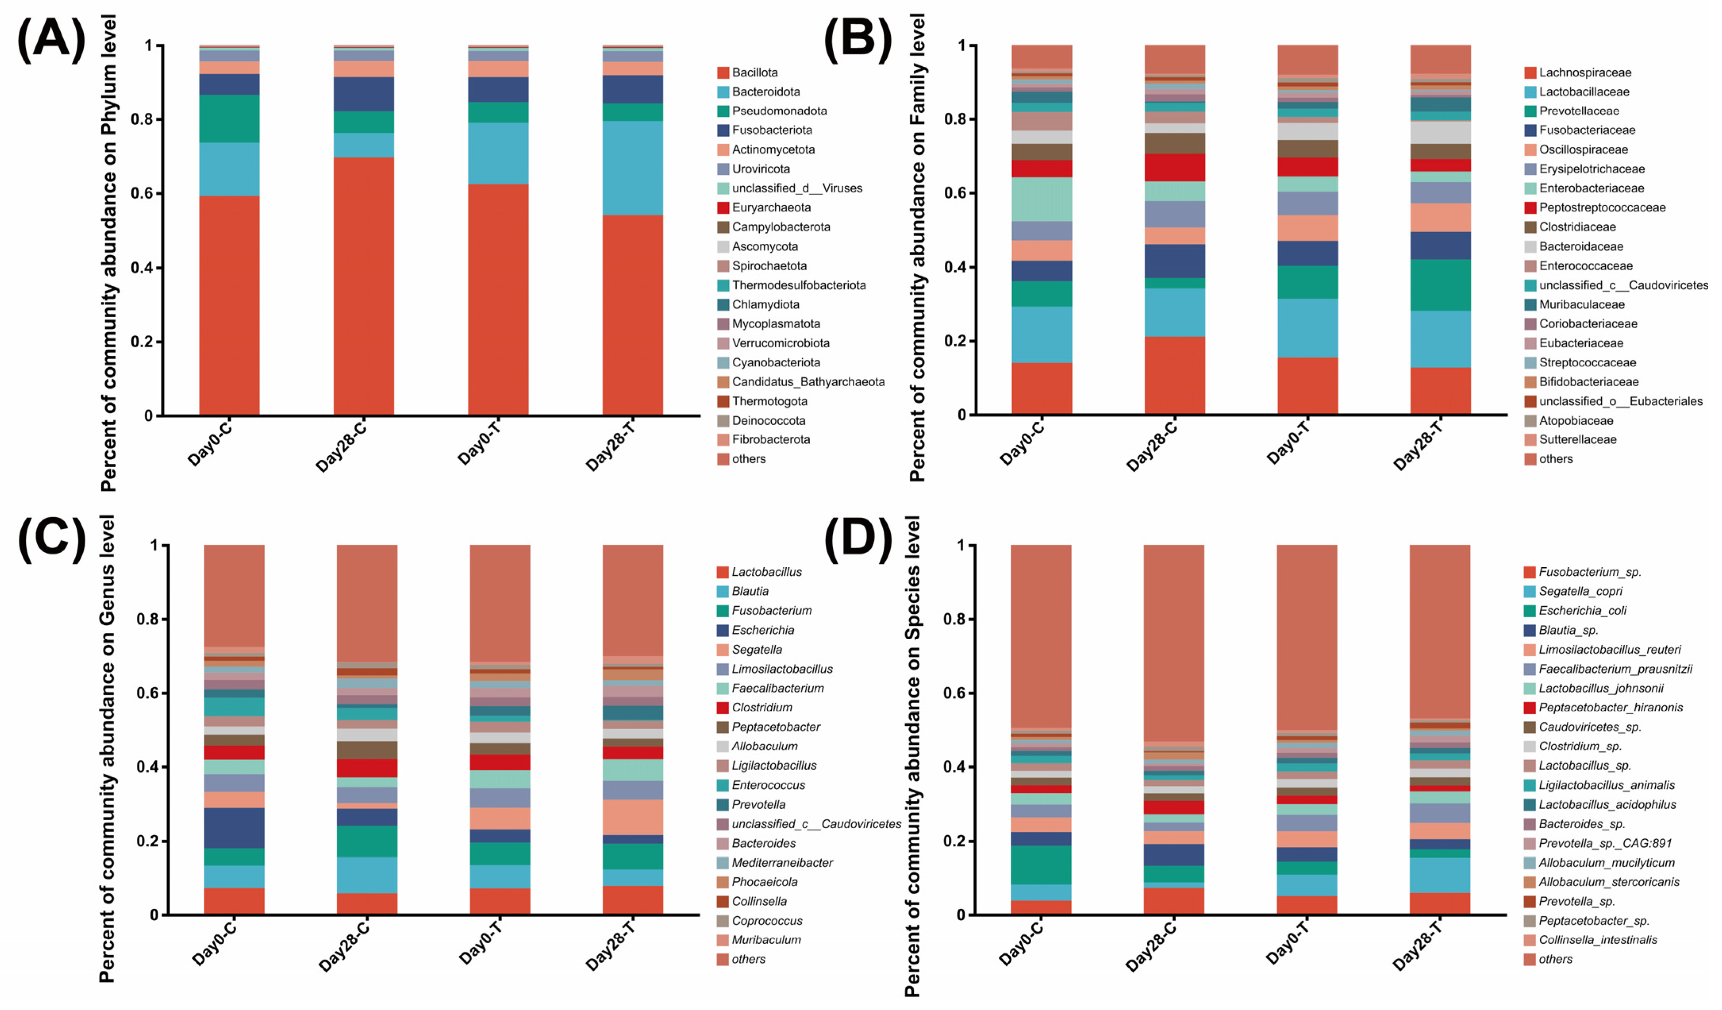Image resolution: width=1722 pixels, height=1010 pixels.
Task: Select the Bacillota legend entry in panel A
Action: coord(754,72)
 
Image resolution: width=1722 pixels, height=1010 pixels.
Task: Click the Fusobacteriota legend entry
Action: coord(771,130)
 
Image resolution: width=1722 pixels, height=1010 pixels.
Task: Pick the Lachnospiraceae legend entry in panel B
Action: coord(1585,72)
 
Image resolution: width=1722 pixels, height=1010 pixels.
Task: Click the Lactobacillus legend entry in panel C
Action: coord(766,572)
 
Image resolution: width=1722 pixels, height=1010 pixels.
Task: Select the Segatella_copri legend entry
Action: coord(1580,591)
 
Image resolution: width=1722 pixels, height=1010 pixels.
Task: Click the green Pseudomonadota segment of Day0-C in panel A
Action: coord(229,118)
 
